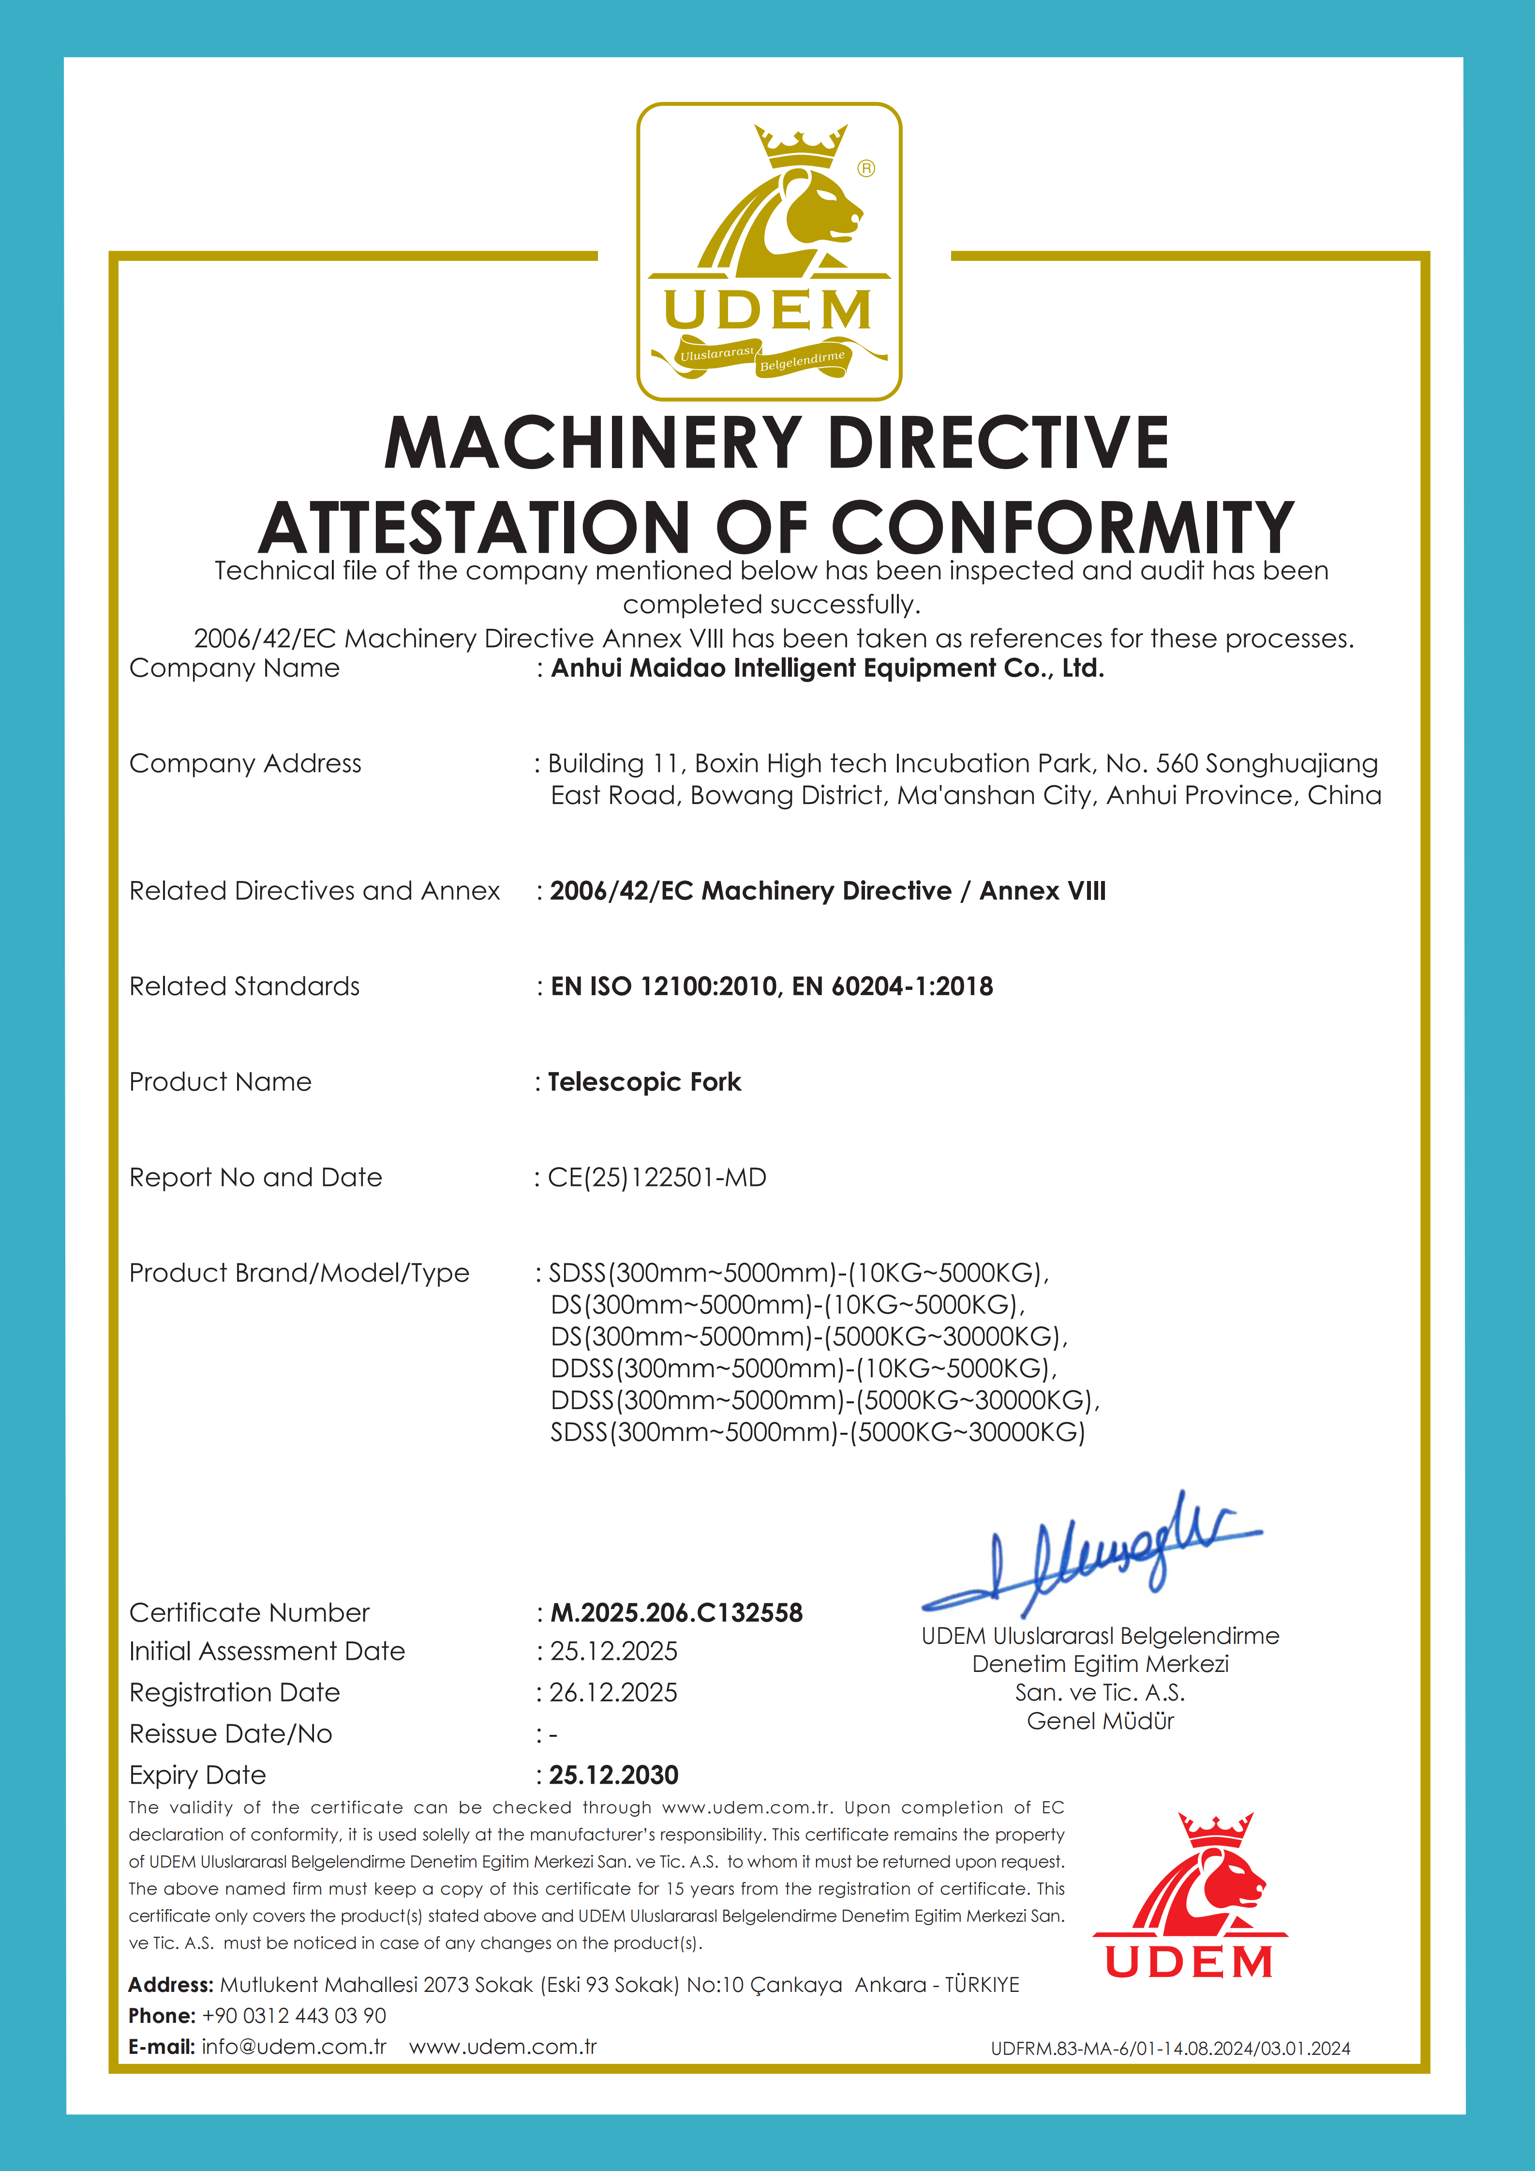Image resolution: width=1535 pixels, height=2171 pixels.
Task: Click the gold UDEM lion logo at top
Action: (x=768, y=251)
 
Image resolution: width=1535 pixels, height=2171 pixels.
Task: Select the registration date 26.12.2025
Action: (x=613, y=1693)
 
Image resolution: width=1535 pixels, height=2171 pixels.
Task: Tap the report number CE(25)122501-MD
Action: (x=657, y=1177)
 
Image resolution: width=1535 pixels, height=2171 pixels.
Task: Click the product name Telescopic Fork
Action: (x=645, y=1082)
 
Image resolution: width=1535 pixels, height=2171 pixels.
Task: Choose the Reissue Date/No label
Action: (x=231, y=1733)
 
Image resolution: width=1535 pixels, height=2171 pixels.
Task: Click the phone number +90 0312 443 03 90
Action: (x=294, y=2015)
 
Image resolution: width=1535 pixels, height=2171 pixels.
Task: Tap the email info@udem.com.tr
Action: (x=294, y=2046)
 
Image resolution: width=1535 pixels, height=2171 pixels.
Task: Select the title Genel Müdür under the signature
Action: (x=1100, y=1721)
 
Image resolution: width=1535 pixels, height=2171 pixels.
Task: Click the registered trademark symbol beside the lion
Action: (x=866, y=168)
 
